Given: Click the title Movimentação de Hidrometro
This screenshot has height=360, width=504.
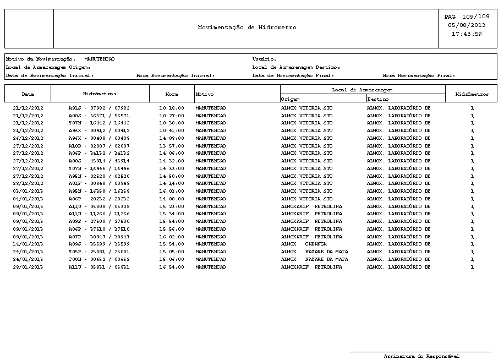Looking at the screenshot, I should pos(247,28).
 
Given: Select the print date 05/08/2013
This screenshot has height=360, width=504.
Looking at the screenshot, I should pos(467,25).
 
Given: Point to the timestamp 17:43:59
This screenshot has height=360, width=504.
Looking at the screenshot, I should pos(467,34).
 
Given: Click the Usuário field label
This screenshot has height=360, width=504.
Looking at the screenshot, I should pos(264,59).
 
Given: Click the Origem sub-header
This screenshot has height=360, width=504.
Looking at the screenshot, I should pos(291,99).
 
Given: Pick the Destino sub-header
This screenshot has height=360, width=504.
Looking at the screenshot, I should pos(378,99).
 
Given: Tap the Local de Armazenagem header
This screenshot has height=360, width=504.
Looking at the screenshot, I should pos(362,89).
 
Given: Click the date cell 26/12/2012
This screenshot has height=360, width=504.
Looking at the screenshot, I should pos(28,138).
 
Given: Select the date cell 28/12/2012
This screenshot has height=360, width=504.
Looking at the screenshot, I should pos(28,183).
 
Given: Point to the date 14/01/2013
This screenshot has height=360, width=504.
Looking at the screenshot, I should pos(28,244).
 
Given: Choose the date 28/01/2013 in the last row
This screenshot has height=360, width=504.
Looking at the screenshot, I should pos(28,267).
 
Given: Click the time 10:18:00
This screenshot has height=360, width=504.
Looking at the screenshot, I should pos(172,108).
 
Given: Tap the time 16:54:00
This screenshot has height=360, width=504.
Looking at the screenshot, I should pos(172,267).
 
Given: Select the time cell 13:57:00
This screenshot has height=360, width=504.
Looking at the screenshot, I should pos(172,146).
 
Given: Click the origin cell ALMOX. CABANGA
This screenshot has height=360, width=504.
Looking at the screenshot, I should pos(304,244).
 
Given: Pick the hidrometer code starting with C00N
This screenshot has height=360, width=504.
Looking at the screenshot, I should pos(99,259).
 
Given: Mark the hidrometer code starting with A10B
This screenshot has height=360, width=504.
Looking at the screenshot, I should pos(99,146).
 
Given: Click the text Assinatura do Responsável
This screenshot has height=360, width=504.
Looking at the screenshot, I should pos(421,356).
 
